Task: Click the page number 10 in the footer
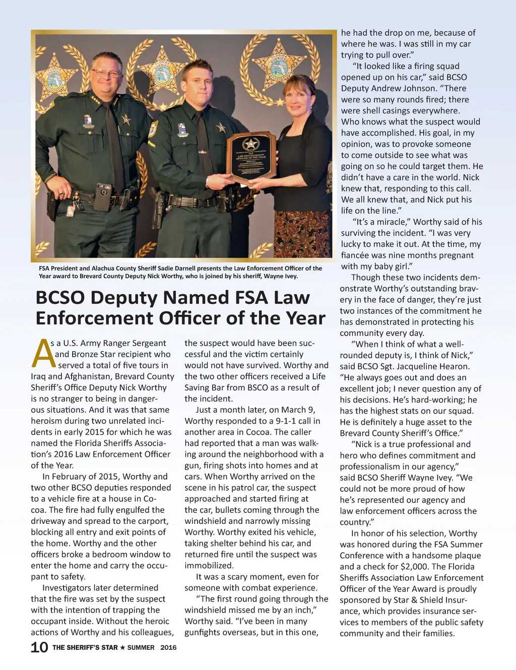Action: coord(39,647)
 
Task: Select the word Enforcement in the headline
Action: coord(93,318)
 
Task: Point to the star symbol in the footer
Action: coord(122,647)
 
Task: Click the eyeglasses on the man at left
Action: coord(106,74)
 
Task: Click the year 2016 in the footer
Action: coord(168,647)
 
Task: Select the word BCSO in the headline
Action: coord(60,298)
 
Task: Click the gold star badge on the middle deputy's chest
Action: coord(221,127)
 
